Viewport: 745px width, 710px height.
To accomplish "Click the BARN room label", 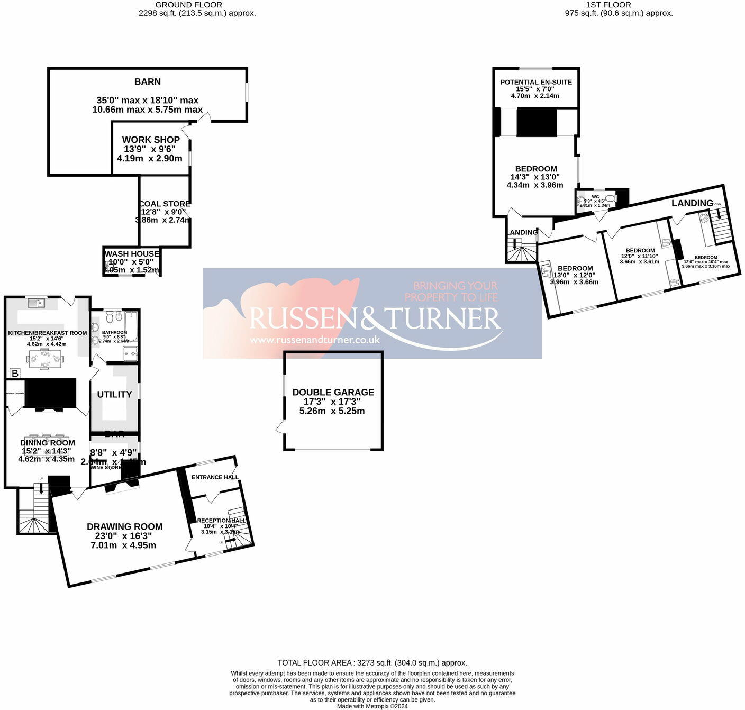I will click(x=148, y=82).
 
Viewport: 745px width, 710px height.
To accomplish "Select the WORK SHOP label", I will click(x=151, y=140).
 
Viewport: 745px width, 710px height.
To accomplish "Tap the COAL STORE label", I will click(x=165, y=204).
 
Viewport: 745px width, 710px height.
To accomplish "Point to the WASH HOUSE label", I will click(x=132, y=254).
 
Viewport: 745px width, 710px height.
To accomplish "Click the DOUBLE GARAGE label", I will click(x=333, y=392).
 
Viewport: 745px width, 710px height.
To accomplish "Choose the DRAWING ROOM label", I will click(x=124, y=526).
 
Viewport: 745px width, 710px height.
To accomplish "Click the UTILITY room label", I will click(x=114, y=395).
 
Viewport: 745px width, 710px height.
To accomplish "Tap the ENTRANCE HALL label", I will click(x=215, y=477).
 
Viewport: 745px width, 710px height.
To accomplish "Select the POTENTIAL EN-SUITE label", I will click(x=536, y=82).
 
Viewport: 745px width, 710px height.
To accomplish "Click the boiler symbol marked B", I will click(x=15, y=374).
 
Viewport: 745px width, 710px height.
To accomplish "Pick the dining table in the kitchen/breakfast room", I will click(x=46, y=358).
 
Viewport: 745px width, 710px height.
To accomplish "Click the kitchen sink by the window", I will click(x=37, y=303).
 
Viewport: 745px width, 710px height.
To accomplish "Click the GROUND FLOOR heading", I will click(x=188, y=5).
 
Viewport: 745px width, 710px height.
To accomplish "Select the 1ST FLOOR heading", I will click(x=608, y=5).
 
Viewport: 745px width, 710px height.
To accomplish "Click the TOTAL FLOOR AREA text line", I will click(x=372, y=662).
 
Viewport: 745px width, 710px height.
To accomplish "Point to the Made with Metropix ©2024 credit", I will click(x=372, y=706).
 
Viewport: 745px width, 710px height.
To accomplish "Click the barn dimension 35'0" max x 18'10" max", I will click(x=148, y=100).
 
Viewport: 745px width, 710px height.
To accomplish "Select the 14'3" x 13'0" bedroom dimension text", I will click(x=535, y=177).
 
